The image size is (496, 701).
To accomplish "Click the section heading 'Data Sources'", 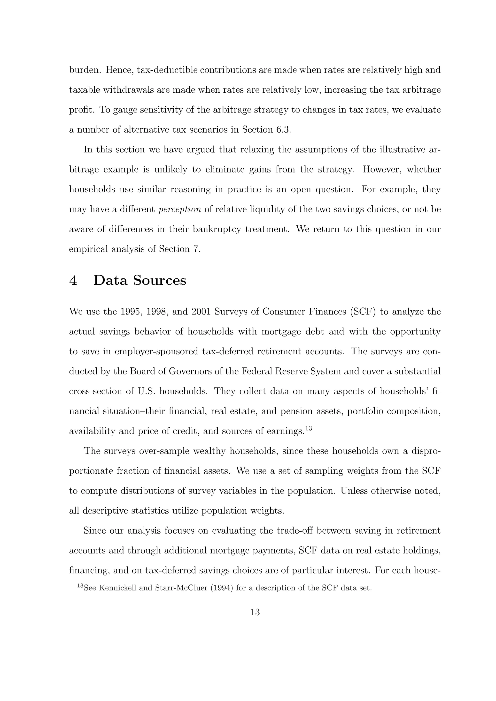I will (x=140, y=280).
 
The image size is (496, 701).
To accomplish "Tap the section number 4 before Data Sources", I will (x=73, y=280).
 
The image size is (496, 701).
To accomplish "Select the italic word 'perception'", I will (x=180, y=209).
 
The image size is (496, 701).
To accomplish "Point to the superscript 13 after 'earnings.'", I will (x=308, y=428).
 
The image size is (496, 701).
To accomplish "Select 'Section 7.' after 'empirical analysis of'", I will (x=180, y=249).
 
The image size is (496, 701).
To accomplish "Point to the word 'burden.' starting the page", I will (x=85, y=70).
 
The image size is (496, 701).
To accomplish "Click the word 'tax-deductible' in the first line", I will (x=167, y=70).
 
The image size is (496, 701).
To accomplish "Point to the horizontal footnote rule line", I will (x=143, y=581).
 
